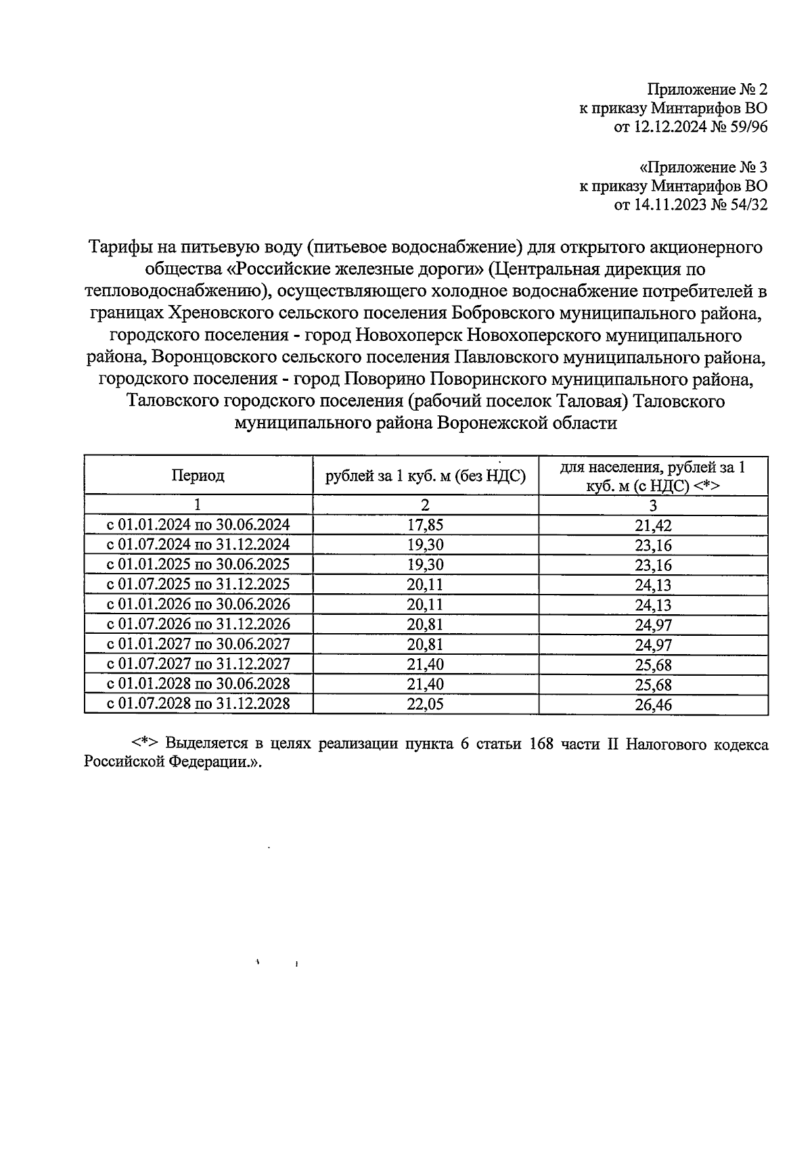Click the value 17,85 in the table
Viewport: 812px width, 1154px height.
425,525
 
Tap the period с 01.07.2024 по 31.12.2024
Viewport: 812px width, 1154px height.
198,545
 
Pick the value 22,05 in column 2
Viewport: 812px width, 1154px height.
425,704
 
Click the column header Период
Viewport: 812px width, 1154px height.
198,476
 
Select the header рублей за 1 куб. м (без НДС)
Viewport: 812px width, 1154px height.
426,476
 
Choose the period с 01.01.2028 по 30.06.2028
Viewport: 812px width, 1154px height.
198,684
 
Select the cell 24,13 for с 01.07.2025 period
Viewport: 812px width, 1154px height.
653,585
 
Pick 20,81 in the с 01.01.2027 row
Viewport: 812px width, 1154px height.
425,644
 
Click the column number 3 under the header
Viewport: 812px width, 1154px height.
653,505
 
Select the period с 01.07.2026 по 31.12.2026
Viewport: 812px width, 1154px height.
198,624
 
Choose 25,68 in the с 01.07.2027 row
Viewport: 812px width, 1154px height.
653,665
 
